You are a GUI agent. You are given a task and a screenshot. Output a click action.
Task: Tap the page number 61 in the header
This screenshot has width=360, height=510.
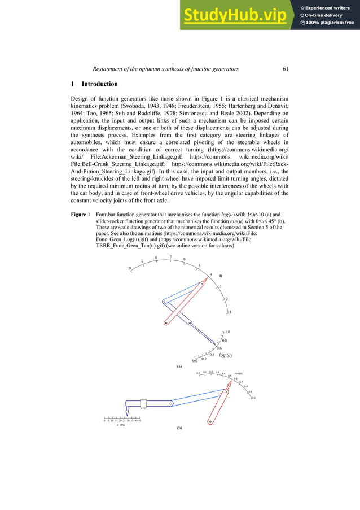286,69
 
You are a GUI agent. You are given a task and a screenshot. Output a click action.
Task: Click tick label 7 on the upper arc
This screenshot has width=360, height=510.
170,257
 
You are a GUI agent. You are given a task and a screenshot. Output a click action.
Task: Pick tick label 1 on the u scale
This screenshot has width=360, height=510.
231,312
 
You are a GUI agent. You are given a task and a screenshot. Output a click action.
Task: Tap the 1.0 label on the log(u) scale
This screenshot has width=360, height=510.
228,332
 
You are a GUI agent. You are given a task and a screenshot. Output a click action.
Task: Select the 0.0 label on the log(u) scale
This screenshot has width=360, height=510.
195,361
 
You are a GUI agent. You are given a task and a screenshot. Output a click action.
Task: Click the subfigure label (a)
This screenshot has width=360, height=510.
179,367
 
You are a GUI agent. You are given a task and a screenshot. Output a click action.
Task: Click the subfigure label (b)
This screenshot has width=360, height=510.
179,429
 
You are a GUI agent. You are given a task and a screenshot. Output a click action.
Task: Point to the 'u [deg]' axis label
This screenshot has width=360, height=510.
121,425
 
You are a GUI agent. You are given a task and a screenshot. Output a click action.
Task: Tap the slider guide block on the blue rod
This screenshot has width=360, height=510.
143,403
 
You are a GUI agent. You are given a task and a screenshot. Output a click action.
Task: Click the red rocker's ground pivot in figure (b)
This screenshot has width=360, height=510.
210,421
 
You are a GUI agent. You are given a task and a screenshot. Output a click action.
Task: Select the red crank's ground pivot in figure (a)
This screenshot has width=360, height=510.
166,324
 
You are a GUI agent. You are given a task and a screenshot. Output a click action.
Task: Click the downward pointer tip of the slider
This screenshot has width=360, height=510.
125,415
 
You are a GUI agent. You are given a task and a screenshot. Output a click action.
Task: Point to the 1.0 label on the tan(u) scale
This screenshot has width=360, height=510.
253,398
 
